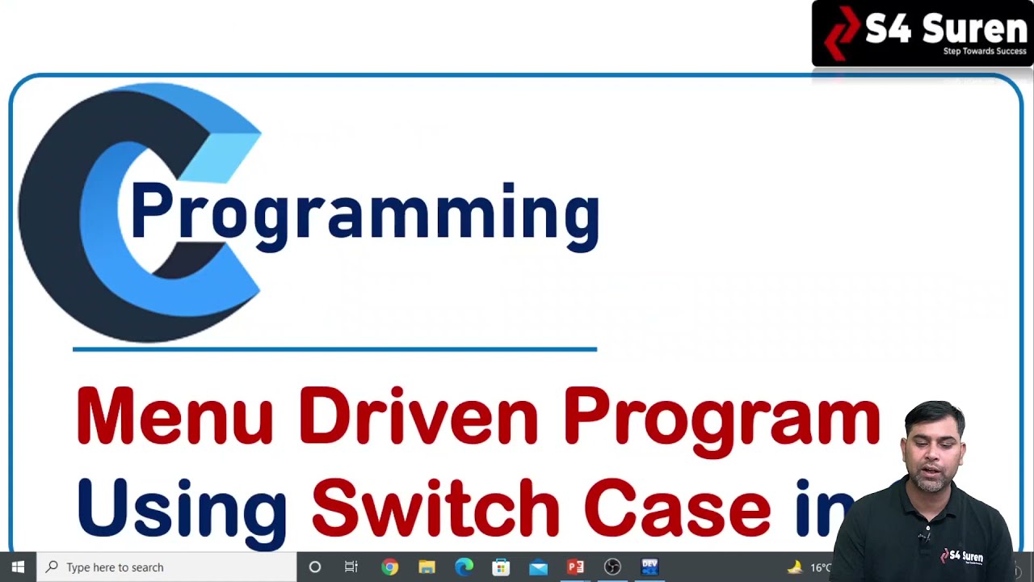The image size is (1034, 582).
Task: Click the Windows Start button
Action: [x=18, y=567]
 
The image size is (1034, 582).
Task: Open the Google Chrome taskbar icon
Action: [x=389, y=567]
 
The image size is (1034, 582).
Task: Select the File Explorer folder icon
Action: [x=427, y=567]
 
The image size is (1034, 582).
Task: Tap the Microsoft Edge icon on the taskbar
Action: [x=464, y=567]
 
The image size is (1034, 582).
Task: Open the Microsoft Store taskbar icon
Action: [x=501, y=567]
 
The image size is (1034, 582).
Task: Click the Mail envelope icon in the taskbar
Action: [x=538, y=567]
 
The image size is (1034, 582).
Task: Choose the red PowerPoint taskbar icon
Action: [x=575, y=567]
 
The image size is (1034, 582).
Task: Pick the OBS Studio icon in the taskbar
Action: [x=612, y=567]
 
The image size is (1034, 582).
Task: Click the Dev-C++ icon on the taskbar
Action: [x=649, y=567]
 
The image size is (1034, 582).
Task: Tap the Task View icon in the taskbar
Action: [x=351, y=567]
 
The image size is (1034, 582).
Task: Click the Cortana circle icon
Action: [x=315, y=567]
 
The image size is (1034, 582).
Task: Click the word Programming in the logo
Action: [x=364, y=212]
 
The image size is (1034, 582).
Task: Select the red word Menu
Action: [x=174, y=417]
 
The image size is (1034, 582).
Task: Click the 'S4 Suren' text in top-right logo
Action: [x=945, y=29]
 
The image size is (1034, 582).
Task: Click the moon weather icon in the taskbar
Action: [x=795, y=567]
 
